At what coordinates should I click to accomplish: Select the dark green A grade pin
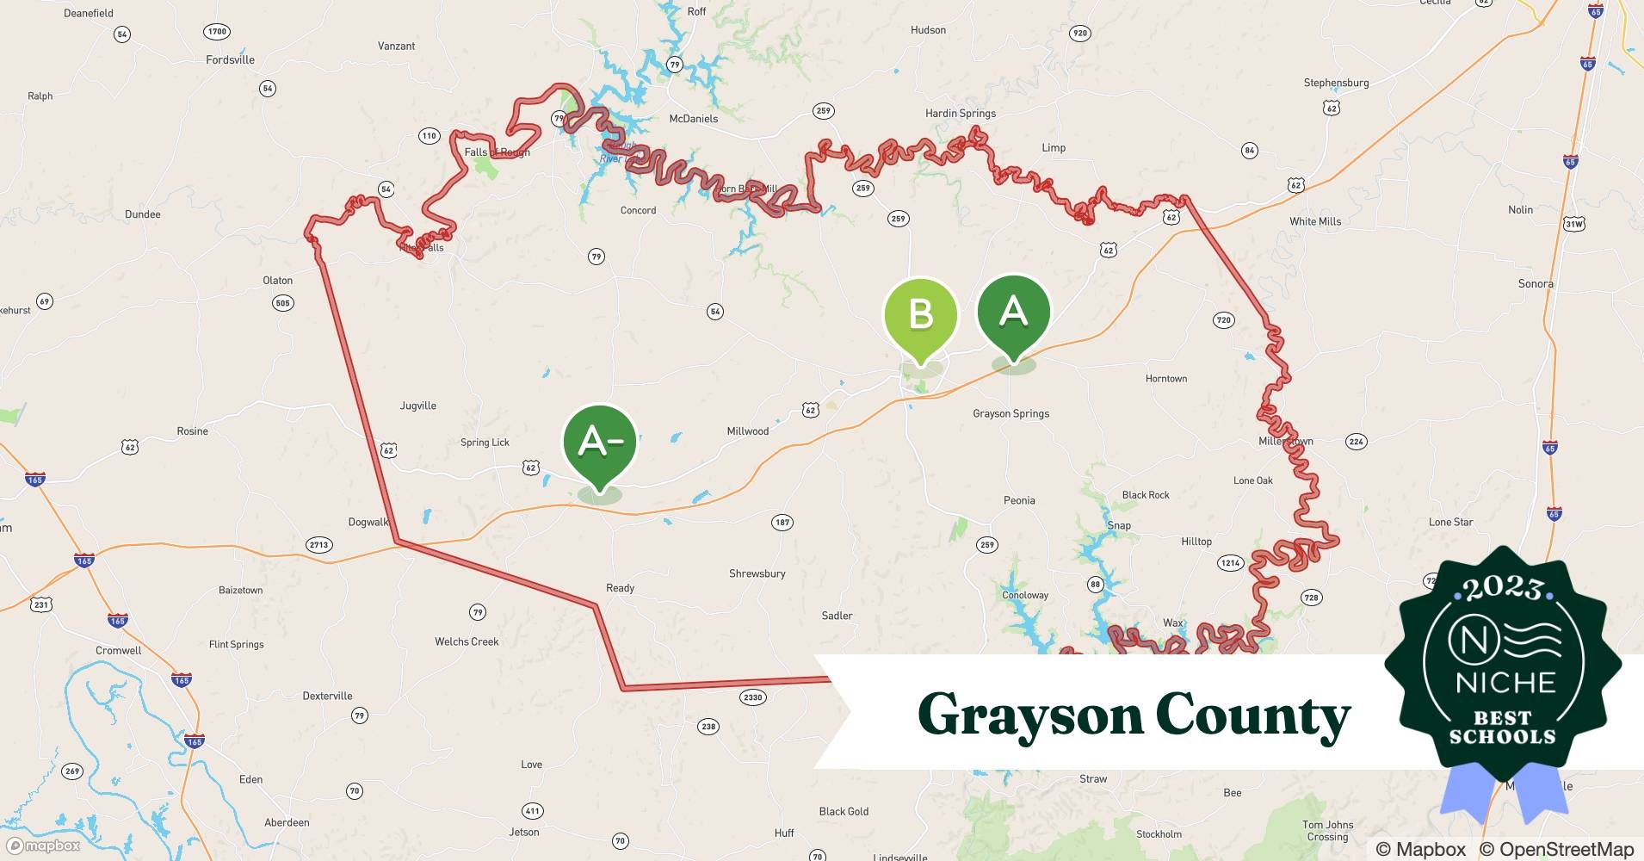point(1014,313)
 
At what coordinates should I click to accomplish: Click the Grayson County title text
point(1134,715)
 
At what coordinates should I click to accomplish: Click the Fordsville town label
point(230,60)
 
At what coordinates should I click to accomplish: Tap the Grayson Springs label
point(1011,414)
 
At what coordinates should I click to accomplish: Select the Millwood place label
point(747,431)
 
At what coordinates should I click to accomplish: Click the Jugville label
point(417,406)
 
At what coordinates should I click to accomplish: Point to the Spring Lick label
point(485,443)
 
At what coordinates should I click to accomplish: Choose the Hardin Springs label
point(960,114)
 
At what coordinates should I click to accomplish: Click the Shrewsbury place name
point(757,574)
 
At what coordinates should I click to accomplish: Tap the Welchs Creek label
point(467,642)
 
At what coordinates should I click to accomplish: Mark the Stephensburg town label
point(1336,84)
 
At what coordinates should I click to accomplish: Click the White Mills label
point(1315,222)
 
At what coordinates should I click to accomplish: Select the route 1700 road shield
point(217,32)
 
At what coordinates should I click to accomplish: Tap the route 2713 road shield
point(318,545)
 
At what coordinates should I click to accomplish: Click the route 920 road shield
point(1079,34)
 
